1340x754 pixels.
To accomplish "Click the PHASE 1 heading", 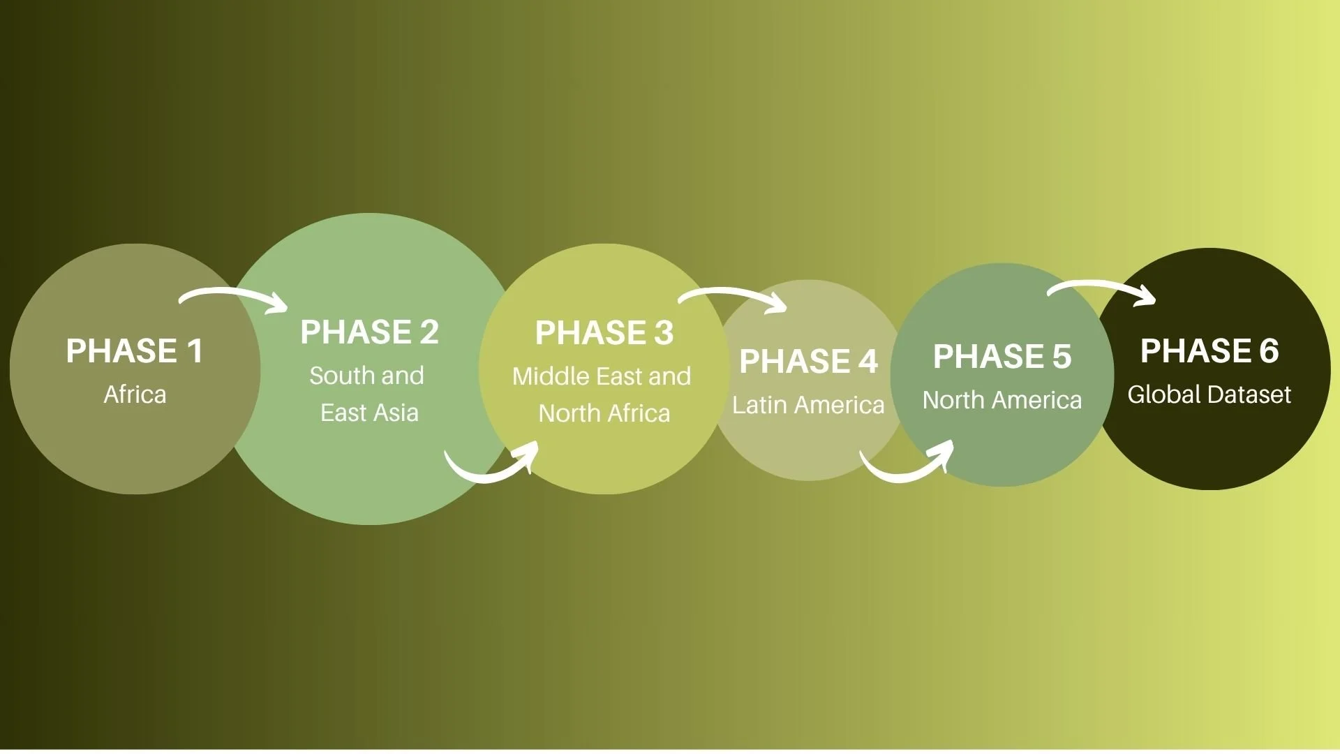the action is pyautogui.click(x=134, y=351).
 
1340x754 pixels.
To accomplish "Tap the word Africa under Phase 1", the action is pyautogui.click(x=135, y=395).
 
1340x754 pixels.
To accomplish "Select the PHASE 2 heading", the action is pyautogui.click(x=369, y=332).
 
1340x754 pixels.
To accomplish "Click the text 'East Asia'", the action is pyautogui.click(x=369, y=413).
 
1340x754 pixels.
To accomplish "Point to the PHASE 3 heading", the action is pyautogui.click(x=604, y=333).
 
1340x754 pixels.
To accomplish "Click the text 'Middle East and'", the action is pyautogui.click(x=602, y=377).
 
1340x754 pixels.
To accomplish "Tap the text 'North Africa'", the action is pyautogui.click(x=604, y=414).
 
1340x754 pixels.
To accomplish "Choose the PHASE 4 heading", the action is pyautogui.click(x=808, y=362).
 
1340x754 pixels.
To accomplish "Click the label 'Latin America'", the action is pyautogui.click(x=808, y=405).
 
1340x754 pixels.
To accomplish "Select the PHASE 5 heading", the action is pyautogui.click(x=1002, y=357).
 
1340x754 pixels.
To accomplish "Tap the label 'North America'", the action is pyautogui.click(x=1002, y=401).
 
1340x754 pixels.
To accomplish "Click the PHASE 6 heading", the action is pyautogui.click(x=1209, y=351).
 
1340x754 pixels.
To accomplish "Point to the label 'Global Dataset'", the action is pyautogui.click(x=1209, y=395).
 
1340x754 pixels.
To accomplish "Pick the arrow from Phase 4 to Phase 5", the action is pyautogui.click(x=907, y=469).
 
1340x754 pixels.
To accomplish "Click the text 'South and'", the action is pyautogui.click(x=366, y=376).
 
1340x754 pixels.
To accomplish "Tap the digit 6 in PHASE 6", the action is pyautogui.click(x=1269, y=351).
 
